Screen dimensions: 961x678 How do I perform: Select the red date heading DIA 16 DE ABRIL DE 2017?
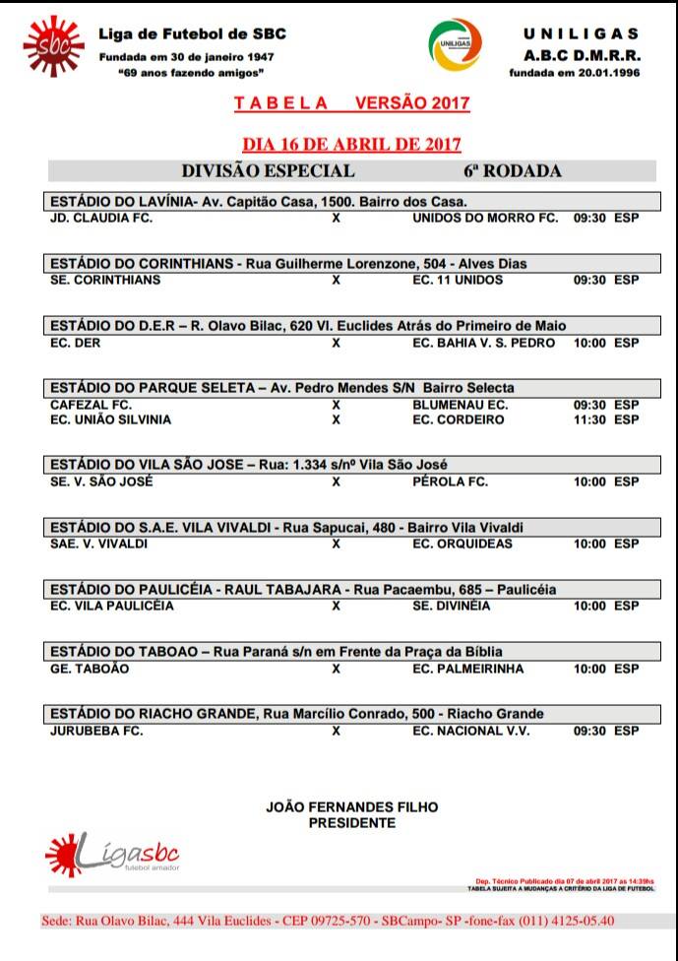coord(352,144)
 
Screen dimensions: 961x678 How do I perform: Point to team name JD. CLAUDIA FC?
coord(100,218)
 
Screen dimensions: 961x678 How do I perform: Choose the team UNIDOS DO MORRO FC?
coord(485,218)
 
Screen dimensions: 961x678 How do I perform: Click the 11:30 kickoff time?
coord(588,419)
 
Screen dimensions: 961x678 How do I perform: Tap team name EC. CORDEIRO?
coord(459,419)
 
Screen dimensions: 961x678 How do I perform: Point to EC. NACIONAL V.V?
coord(470,732)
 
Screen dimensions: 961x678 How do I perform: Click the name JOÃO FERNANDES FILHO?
coord(351,807)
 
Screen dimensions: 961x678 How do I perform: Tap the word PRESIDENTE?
coord(351,823)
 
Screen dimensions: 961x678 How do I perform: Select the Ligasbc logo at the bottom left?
coord(111,853)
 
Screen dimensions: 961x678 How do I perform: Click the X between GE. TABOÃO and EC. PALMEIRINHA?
coord(336,669)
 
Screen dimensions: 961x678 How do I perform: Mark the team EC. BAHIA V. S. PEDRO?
coord(483,343)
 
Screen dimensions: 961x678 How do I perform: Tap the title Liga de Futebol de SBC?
coord(192,34)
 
